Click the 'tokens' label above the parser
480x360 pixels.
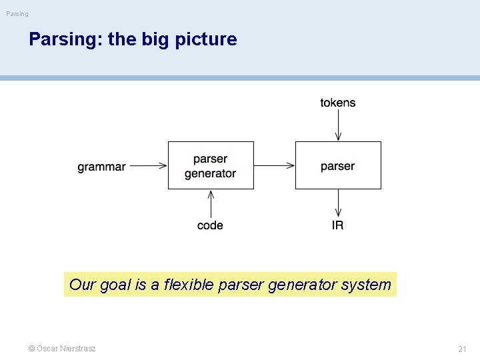(x=338, y=103)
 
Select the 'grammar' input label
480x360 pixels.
(x=101, y=167)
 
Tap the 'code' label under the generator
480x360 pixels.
(x=210, y=225)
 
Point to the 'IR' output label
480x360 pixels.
(x=338, y=225)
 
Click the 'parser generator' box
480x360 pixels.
(x=211, y=165)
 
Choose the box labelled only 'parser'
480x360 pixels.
(x=338, y=165)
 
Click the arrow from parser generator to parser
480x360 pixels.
(x=274, y=165)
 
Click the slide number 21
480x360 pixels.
(x=462, y=349)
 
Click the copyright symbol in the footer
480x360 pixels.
(x=31, y=349)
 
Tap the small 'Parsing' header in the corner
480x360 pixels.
(x=17, y=13)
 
